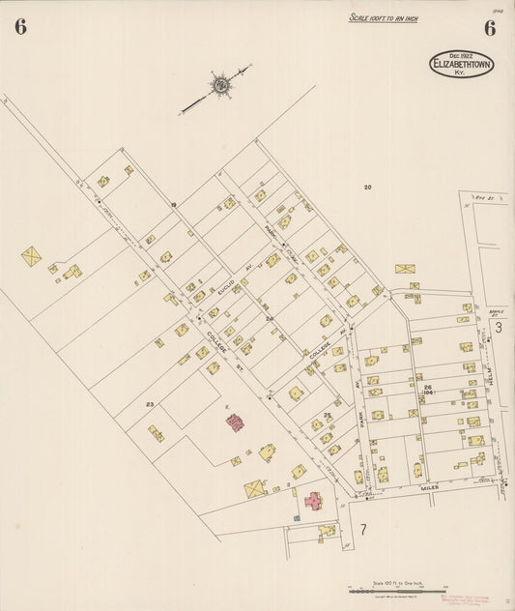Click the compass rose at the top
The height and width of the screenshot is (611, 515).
[x=221, y=86]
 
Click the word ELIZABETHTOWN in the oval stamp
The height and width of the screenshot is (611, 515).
[x=462, y=65]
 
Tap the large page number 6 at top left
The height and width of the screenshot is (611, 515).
[x=20, y=27]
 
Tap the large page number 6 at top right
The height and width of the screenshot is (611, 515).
[x=490, y=27]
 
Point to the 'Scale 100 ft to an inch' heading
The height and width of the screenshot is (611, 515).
[x=384, y=17]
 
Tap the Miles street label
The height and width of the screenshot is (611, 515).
[x=429, y=487]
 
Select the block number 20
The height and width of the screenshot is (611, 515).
[x=367, y=187]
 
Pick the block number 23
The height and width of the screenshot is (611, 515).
[x=150, y=403]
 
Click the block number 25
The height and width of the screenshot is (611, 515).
[x=327, y=415]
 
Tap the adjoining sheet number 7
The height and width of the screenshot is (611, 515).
[x=363, y=529]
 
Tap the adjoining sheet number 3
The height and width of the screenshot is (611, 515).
[x=499, y=328]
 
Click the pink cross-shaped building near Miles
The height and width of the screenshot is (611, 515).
[x=313, y=501]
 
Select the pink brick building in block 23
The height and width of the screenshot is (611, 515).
[x=234, y=421]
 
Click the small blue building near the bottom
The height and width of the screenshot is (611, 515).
[x=297, y=518]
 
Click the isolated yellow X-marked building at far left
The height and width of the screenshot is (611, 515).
[x=32, y=256]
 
